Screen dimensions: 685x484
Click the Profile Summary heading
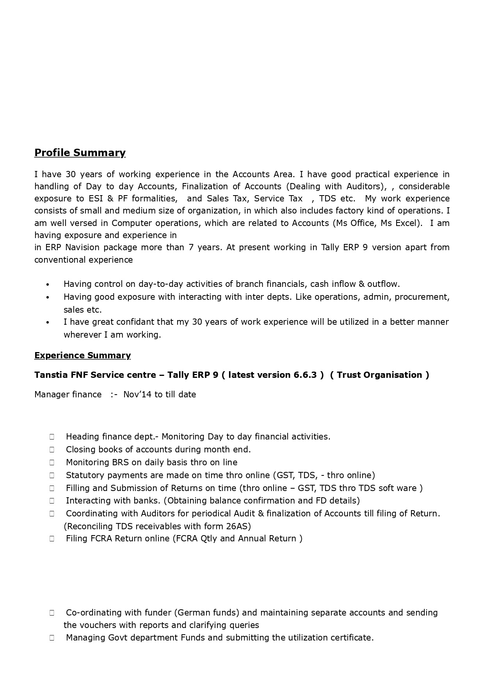coord(80,153)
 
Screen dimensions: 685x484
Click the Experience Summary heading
coord(82,355)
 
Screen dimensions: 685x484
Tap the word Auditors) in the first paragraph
coord(366,187)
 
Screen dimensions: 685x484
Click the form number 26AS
coord(238,526)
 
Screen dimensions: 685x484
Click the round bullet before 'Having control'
coord(48,285)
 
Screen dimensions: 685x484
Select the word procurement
coord(422,297)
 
